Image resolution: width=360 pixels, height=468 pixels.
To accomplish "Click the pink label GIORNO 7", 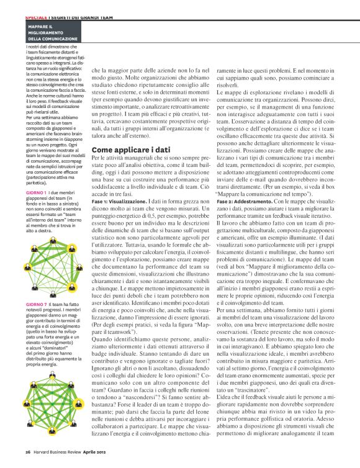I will click(x=37, y=305).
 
